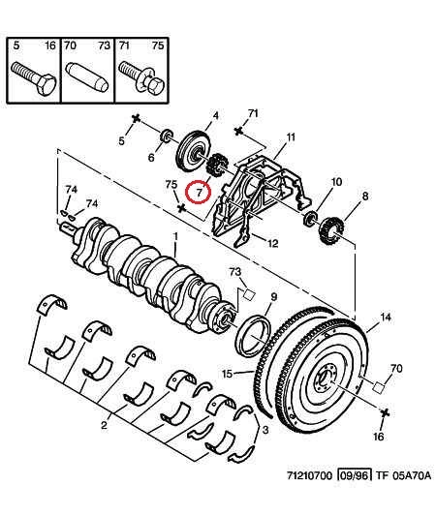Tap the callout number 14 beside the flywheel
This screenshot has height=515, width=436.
pos(386,317)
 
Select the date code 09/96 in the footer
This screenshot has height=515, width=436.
pos(354,475)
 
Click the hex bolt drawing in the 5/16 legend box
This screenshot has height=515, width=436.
pos(34,77)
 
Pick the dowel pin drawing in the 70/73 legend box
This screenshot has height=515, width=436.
pos(87,77)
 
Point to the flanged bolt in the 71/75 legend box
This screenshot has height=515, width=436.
pos(140,78)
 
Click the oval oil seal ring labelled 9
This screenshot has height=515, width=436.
pos(253,336)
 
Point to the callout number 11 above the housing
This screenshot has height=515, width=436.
pos(290,136)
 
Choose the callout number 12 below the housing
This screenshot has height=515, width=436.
pos(273,243)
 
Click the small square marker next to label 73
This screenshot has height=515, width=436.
pos(249,294)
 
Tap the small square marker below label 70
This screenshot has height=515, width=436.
pos(378,387)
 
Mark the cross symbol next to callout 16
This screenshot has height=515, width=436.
pos(385,412)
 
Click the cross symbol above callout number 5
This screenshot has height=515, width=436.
pos(136,119)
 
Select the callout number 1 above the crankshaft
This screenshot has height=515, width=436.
pos(176,237)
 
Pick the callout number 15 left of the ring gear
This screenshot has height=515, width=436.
pos(228,374)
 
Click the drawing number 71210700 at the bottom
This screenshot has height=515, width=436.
pos(310,475)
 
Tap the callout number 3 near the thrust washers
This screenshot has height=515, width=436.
pos(265,430)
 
